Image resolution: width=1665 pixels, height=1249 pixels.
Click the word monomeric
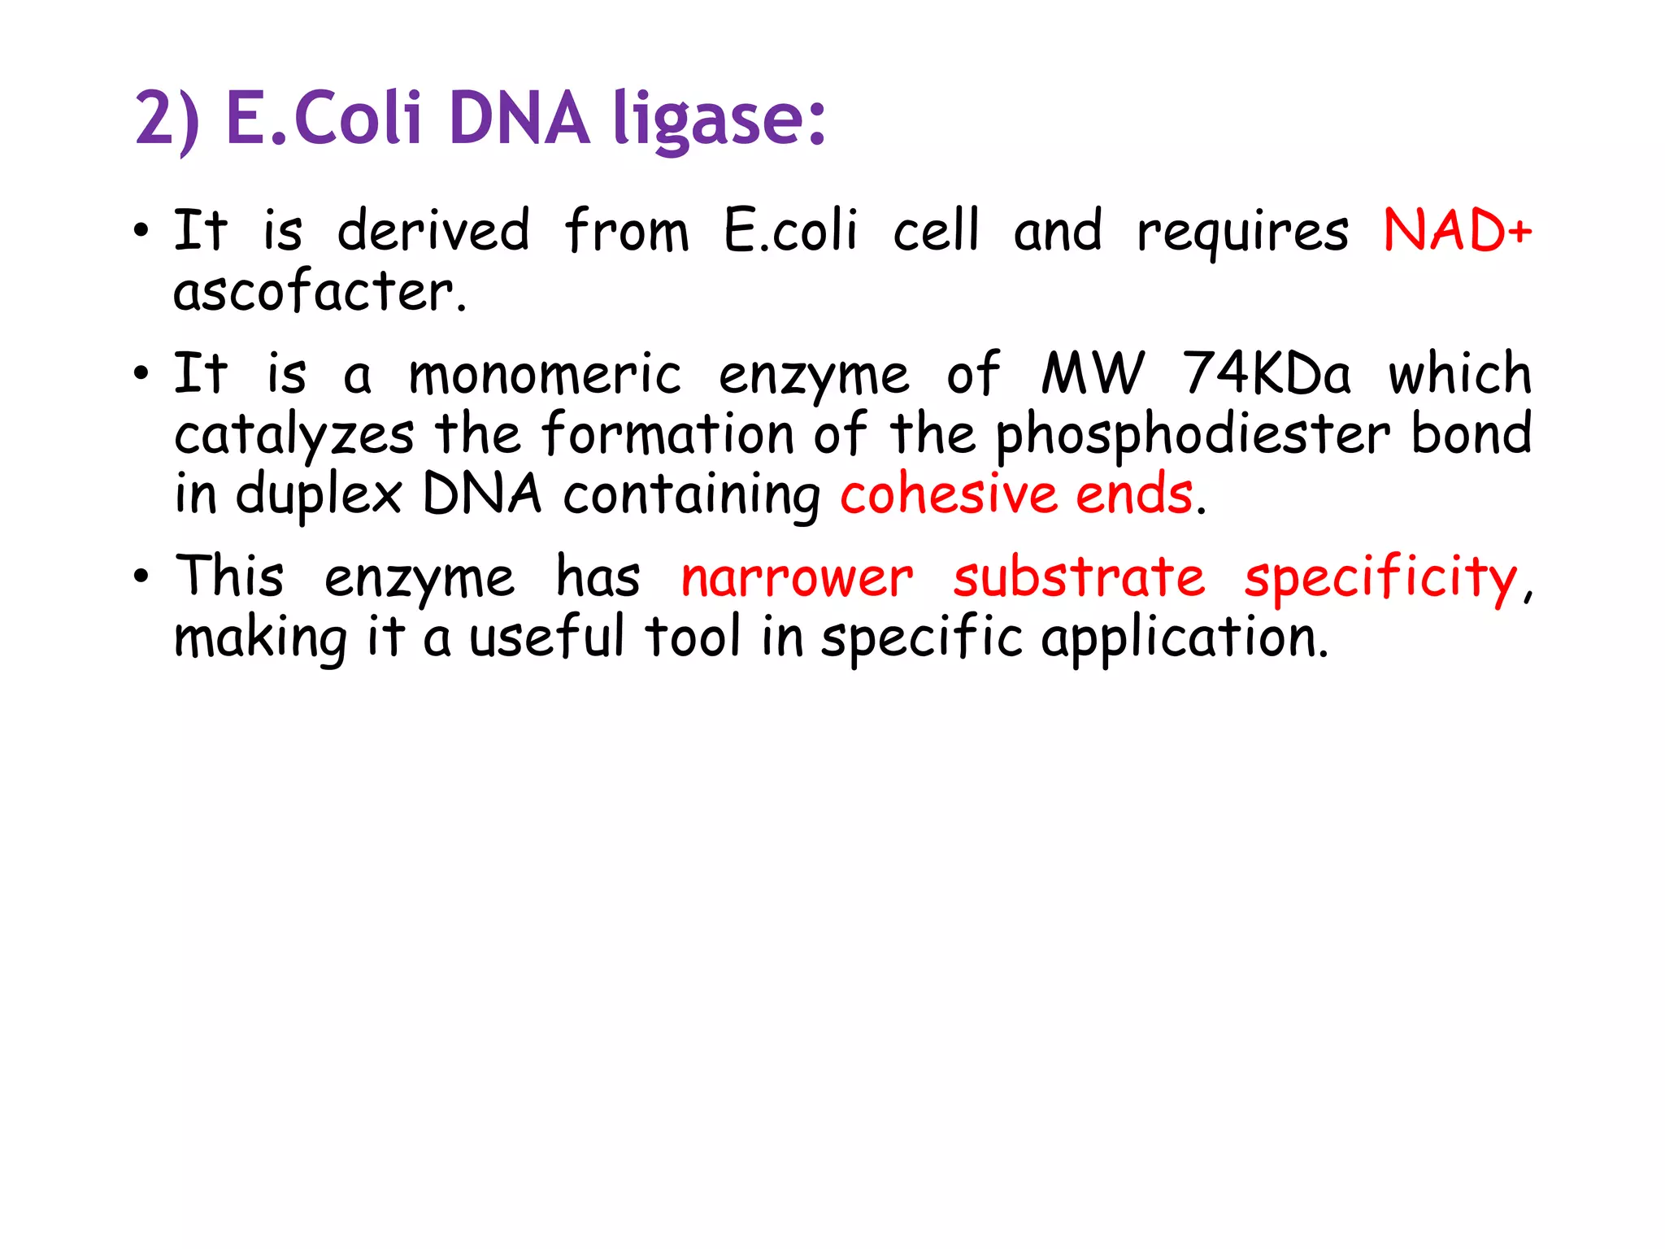tap(545, 375)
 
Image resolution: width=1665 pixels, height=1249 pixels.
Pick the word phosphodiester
tap(1193, 435)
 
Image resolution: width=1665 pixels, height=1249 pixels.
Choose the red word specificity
tap(1380, 579)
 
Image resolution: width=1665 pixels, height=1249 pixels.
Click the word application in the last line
tap(1185, 638)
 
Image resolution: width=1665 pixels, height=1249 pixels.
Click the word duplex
tap(319, 496)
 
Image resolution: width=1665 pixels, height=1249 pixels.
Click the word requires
tap(1242, 233)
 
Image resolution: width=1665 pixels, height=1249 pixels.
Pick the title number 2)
tap(167, 120)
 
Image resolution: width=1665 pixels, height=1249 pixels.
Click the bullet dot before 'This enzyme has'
tap(141, 577)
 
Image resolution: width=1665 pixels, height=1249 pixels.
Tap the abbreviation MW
tap(1093, 374)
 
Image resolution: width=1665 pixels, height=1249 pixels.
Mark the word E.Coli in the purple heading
tap(324, 119)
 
